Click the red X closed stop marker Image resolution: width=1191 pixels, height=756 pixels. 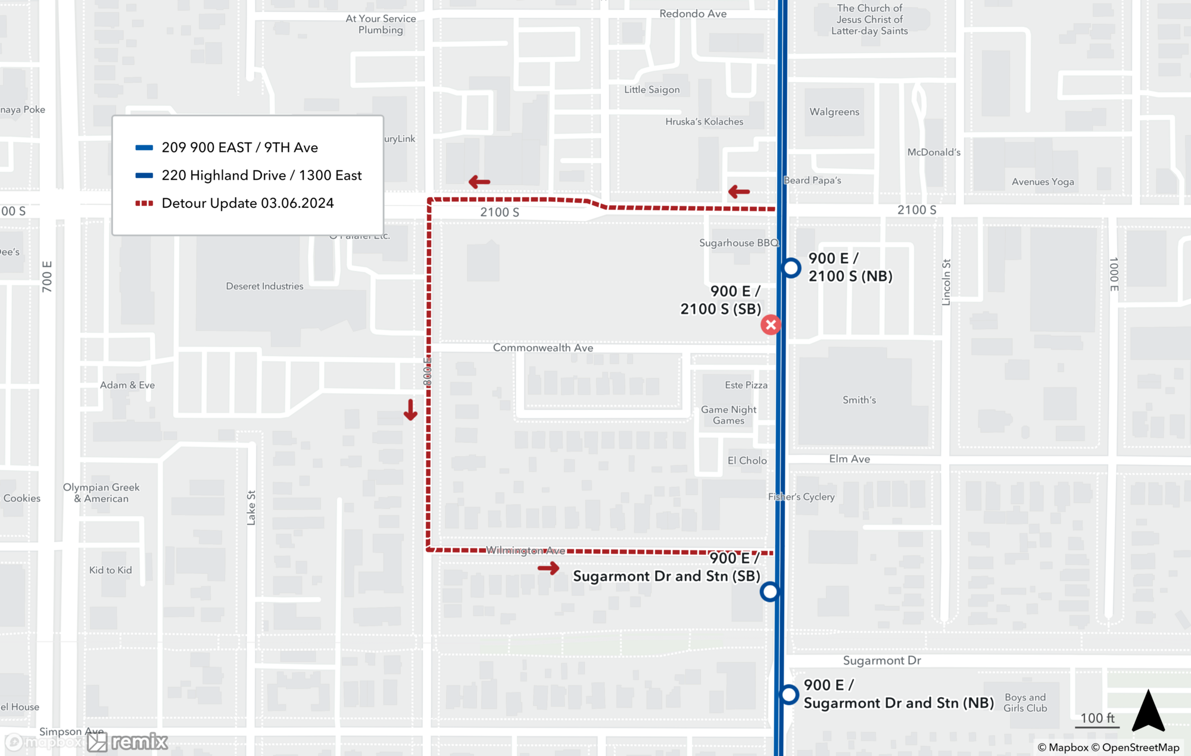771,324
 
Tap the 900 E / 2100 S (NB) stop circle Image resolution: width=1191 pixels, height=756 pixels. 791,268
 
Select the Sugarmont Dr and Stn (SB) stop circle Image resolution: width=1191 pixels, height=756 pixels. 769,591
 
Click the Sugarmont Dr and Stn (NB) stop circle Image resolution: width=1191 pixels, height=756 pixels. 789,694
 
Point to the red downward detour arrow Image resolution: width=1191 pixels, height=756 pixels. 410,410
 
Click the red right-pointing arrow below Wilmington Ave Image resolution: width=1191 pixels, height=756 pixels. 548,568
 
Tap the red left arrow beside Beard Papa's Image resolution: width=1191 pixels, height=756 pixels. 738,192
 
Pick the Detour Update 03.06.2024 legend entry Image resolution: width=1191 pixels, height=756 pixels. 247,203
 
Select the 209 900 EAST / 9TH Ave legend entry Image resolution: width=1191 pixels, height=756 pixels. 239,147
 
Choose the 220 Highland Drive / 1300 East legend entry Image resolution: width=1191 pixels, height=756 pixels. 261,175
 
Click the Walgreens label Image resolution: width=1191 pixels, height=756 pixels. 834,112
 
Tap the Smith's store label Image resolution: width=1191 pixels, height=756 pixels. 859,400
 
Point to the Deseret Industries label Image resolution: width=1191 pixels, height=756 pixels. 264,286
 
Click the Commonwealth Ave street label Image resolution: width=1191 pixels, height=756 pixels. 543,348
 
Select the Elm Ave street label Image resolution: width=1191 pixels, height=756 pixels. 849,459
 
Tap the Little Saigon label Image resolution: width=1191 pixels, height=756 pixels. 651,89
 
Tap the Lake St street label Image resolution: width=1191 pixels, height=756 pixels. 251,508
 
